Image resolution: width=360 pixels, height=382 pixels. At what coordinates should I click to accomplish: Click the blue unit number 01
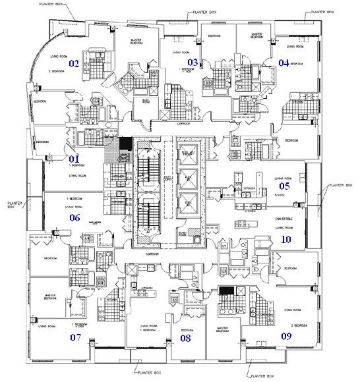pos(74,158)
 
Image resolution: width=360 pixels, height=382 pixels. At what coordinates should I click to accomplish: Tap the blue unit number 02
pos(75,64)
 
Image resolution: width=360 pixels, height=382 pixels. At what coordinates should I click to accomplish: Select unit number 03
pos(193,63)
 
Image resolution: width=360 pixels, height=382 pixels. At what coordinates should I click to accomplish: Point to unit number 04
pos(284,63)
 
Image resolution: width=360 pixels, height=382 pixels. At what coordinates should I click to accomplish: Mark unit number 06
pos(75,217)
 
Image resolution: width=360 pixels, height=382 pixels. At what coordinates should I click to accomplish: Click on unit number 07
pos(75,337)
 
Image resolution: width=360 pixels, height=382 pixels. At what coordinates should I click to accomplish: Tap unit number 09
pos(287,336)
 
